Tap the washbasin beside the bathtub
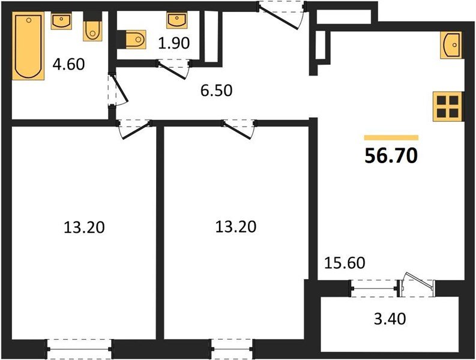(x=61, y=22)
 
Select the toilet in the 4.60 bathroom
(x=91, y=29)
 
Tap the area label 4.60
(x=68, y=64)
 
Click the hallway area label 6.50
(x=215, y=91)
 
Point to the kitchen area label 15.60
(x=345, y=262)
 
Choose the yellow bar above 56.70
(x=391, y=137)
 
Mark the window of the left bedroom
(x=79, y=347)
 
